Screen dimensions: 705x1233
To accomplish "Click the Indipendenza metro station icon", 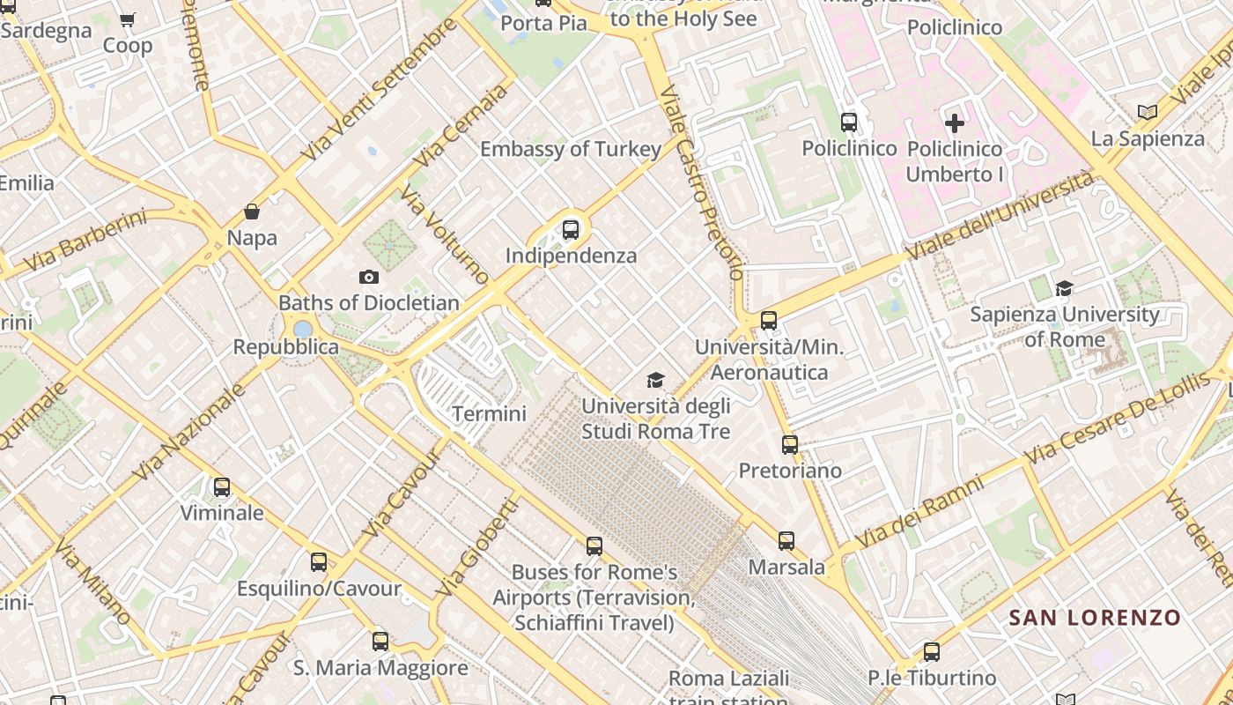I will [571, 231].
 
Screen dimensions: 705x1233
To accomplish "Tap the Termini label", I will [489, 413].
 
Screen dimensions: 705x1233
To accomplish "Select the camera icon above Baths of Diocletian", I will [370, 278].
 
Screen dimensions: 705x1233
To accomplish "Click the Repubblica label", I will [285, 347].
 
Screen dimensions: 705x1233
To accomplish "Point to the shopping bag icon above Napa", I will [252, 211].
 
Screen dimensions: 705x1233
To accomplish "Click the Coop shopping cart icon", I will [128, 19].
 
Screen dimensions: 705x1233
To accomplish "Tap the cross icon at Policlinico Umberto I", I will [955, 123].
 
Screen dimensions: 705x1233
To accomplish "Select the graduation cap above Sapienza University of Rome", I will [1065, 289].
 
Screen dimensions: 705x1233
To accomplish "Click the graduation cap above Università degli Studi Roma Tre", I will [655, 381].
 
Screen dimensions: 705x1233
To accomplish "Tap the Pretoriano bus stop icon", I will [790, 445].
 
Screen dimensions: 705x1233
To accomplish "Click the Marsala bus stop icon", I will [786, 541].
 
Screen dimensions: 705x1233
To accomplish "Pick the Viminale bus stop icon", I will [222, 487].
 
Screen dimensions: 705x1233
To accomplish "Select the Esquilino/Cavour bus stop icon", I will [319, 562].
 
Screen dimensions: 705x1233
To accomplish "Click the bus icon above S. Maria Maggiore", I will [380, 642].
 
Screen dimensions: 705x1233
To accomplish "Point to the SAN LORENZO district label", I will [1094, 618].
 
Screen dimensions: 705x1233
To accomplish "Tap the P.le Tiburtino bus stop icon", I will [932, 653].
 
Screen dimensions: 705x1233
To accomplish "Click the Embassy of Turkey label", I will [570, 149].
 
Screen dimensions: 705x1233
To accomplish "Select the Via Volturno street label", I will [445, 235].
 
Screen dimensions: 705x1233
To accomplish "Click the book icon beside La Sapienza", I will [1147, 113].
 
